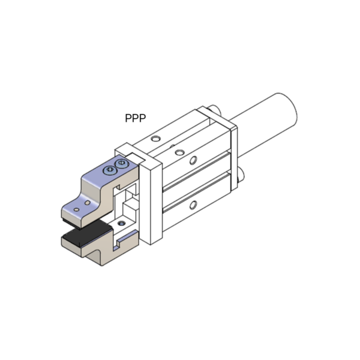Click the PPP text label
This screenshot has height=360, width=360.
click(x=135, y=118)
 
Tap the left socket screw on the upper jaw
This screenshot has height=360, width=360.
click(x=110, y=170)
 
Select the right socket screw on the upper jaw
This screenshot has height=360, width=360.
click(x=121, y=164)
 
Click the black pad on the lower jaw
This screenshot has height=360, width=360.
click(x=87, y=234)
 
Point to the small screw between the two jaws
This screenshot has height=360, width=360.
click(x=121, y=223)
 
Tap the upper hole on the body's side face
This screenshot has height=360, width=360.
click(x=193, y=160)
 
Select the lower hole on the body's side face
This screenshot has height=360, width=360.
click(x=193, y=205)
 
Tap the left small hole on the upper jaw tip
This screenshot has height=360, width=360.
click(x=77, y=209)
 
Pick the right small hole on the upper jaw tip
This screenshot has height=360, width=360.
click(x=87, y=203)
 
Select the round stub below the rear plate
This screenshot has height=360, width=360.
click(x=241, y=175)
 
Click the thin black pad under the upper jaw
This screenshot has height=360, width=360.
click(x=71, y=223)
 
